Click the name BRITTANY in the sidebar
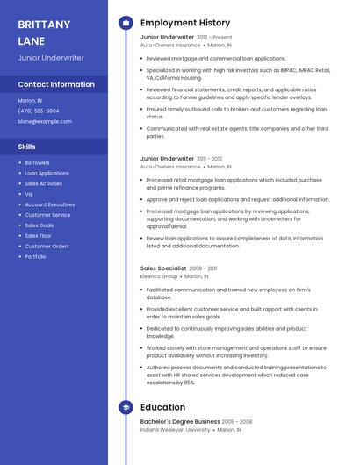(44, 25)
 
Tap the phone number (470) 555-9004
(39, 111)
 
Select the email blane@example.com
(45, 121)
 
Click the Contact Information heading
(56, 84)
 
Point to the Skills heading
(27, 146)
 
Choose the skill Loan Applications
(47, 173)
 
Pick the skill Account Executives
(49, 204)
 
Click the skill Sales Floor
(38, 236)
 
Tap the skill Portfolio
(35, 257)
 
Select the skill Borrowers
(37, 162)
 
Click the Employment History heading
(185, 23)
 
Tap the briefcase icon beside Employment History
(125, 23)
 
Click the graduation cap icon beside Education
(125, 407)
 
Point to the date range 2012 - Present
(214, 38)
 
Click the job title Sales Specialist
(163, 268)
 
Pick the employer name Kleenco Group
(159, 276)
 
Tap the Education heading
(162, 407)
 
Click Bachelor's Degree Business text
(180, 422)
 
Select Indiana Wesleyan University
(176, 430)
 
